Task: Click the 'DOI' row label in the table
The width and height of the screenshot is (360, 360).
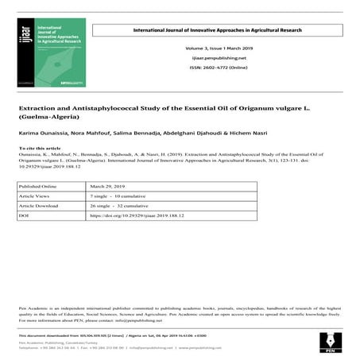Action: tap(25, 215)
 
